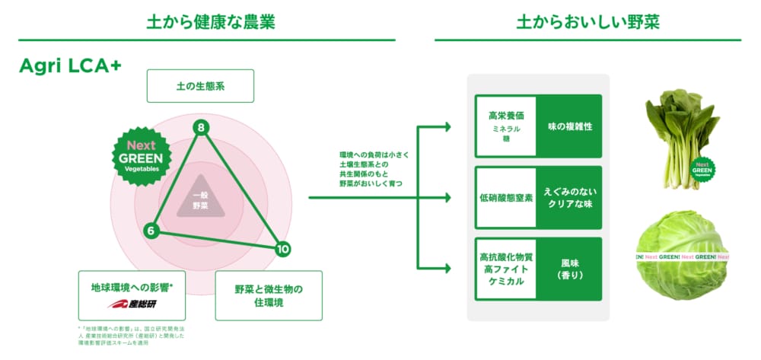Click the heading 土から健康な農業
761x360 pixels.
[x=211, y=22]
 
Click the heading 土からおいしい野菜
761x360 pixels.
[x=587, y=22]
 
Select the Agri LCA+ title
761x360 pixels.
[x=71, y=67]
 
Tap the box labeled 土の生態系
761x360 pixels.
[x=200, y=86]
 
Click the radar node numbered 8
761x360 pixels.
[x=201, y=127]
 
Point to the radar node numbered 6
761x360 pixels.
[x=151, y=230]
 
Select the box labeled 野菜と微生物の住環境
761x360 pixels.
[x=269, y=295]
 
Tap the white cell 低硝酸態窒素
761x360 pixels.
[x=505, y=197]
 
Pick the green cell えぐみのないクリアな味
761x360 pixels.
[x=568, y=197]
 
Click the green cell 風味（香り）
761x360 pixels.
[x=568, y=269]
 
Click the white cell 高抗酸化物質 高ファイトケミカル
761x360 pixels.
[x=505, y=269]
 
